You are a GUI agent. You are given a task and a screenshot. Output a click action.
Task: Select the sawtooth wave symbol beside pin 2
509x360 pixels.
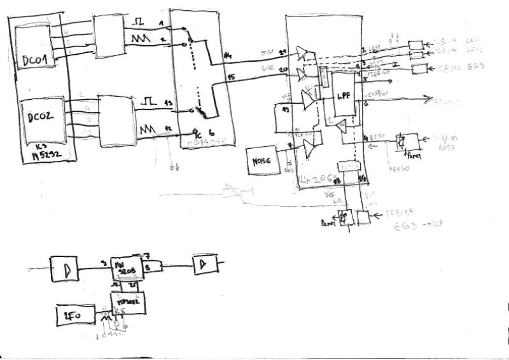[x=141, y=39]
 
